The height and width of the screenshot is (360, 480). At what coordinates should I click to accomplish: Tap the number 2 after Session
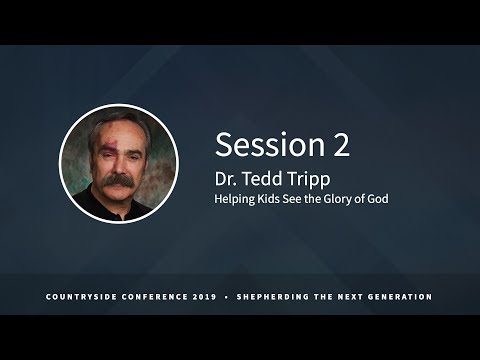point(342,146)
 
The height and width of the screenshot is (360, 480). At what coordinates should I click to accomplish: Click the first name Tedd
point(265,178)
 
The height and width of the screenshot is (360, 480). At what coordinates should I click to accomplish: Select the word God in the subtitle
point(377,199)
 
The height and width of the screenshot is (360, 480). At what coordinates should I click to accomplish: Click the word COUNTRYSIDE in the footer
point(85,297)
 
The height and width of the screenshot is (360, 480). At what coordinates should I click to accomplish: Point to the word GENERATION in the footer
point(397,297)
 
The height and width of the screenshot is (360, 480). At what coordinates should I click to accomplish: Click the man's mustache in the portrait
point(118,183)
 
